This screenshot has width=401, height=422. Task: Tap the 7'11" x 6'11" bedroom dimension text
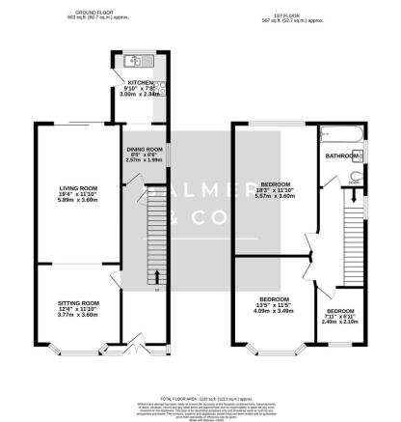341,317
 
